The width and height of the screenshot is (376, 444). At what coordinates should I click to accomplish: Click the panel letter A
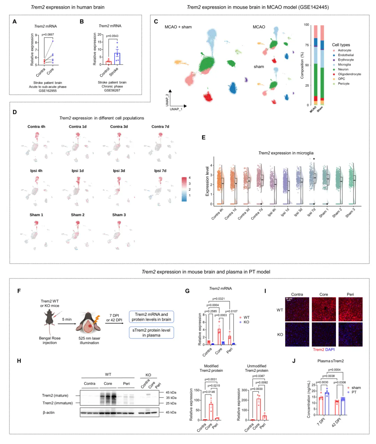coord(14,22)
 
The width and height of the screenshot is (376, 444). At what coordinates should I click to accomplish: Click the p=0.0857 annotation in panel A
coord(48,34)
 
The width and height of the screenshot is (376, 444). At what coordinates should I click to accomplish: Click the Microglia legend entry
coord(344,65)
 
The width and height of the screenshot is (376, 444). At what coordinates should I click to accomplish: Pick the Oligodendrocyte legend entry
coord(349,74)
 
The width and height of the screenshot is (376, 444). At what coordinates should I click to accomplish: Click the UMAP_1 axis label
coord(176,109)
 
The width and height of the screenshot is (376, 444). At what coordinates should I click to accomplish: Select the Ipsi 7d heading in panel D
coord(160,171)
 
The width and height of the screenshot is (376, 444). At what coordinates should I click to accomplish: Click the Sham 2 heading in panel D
coord(78,215)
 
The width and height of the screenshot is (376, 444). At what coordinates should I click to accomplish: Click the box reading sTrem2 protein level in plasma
coord(151,332)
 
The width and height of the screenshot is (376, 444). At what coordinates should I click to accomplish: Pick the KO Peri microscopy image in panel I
coord(350,334)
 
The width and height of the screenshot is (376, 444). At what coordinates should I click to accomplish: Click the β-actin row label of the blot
coord(48,413)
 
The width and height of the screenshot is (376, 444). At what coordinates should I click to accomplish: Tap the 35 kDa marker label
coord(171,398)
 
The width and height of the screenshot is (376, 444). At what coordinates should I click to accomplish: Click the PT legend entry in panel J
coord(354,392)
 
